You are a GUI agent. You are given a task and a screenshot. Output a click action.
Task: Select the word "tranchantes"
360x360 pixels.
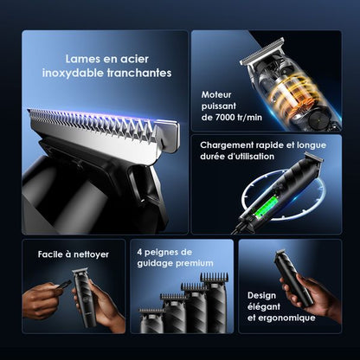[138, 74]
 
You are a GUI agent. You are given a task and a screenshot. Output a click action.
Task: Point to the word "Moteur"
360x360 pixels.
[217, 93]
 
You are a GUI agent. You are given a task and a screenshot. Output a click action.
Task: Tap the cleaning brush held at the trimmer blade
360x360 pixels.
[63, 283]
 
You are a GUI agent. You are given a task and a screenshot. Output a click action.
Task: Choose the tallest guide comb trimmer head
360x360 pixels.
[214, 303]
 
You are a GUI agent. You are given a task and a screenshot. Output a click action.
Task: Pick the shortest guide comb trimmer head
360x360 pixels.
[152, 320]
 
